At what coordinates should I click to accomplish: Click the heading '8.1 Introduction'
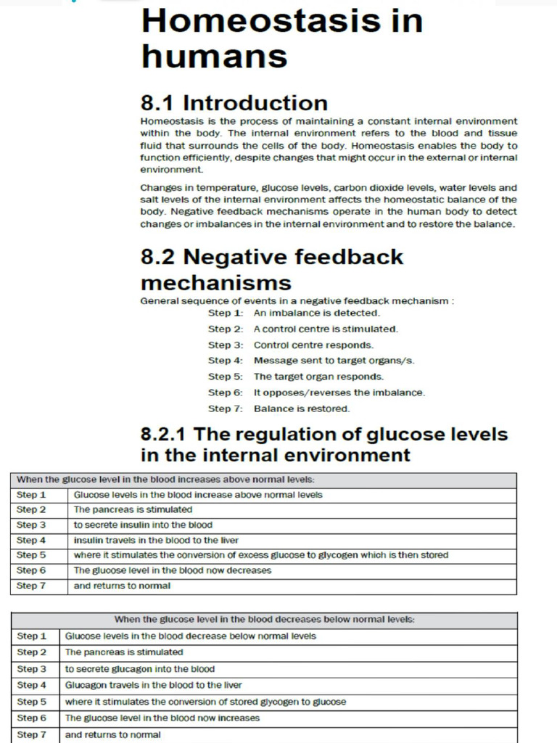[234, 103]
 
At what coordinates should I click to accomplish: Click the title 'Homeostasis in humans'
[281, 38]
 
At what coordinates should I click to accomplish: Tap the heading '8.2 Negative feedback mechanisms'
[271, 268]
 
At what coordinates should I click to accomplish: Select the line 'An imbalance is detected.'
[316, 313]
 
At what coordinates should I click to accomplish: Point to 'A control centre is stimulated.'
[325, 329]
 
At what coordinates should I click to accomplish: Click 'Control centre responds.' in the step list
[313, 345]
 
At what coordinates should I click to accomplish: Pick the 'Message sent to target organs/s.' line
[334, 361]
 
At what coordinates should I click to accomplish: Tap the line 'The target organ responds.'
[318, 377]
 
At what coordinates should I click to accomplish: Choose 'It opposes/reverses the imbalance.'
[339, 393]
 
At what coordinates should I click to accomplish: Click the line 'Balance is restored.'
[302, 409]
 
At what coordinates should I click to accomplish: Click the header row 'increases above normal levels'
[165, 480]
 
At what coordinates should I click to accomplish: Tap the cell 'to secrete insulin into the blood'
[143, 525]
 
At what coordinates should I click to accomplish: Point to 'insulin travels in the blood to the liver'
[156, 540]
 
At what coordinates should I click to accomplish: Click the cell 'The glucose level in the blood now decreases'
[173, 570]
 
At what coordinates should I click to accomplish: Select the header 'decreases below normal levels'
[264, 620]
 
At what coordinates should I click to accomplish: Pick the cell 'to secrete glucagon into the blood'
[140, 669]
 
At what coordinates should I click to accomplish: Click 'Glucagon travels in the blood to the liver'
[154, 685]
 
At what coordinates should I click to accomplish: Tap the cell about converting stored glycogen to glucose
[205, 702]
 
